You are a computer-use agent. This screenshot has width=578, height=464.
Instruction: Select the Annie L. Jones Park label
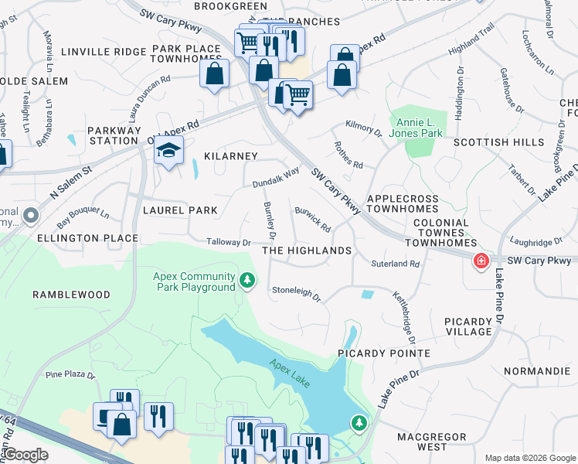pos(420,128)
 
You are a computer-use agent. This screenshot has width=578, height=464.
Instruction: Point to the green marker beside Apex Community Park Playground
pos(246,280)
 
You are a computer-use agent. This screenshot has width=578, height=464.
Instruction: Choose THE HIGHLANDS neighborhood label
pos(307,251)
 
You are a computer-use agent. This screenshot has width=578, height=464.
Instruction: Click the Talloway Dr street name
pos(229,243)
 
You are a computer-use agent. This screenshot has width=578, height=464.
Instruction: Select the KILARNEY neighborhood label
pos(230,156)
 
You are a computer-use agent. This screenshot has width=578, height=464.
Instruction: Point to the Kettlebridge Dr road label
pos(404,316)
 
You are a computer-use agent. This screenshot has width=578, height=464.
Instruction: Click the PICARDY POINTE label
pos(384,353)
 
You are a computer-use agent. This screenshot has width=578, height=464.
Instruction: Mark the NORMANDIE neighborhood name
pos(537,371)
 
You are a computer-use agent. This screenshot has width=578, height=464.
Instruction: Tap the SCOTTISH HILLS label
pos(492,142)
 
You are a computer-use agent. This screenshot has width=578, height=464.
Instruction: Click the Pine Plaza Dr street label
pos(70,376)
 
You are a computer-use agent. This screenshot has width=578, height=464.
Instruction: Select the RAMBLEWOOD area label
pos(71,295)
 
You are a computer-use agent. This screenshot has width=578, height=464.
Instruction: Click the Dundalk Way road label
pos(275,179)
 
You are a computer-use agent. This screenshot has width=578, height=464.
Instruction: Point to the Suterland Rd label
pos(394,264)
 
